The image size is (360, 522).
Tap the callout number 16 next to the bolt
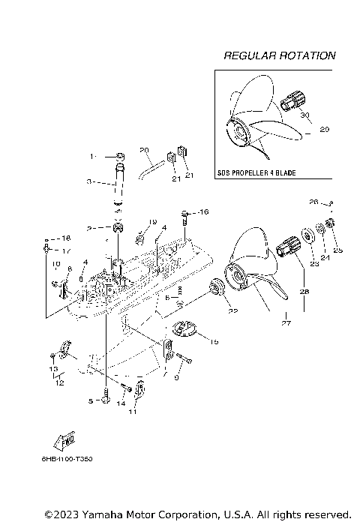(x=204, y=213)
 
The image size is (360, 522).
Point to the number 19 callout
(x=152, y=222)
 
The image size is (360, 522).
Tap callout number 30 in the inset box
(x=305, y=115)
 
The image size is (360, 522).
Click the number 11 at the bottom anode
(x=133, y=412)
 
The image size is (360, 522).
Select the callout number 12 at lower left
(x=58, y=382)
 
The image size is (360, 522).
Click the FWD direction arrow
(x=64, y=440)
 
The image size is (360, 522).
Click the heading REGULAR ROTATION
(x=279, y=55)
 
